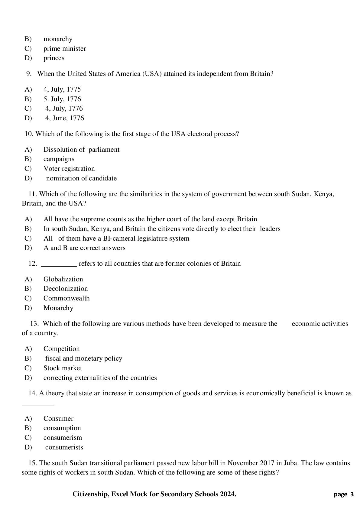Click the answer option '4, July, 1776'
(64, 109)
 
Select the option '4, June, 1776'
(64, 118)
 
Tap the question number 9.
(29, 74)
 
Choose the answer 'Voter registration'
(69, 169)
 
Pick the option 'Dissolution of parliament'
(81, 150)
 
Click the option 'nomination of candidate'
(81, 178)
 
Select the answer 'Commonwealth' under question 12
(66, 298)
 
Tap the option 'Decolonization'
(66, 289)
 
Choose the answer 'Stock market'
(63, 368)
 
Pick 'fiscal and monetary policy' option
(84, 358)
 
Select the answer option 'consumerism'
(63, 438)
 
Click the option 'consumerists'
(64, 447)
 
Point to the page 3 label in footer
(344, 494)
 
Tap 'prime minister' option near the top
(65, 49)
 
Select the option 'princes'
(54, 58)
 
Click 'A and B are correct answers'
(84, 248)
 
